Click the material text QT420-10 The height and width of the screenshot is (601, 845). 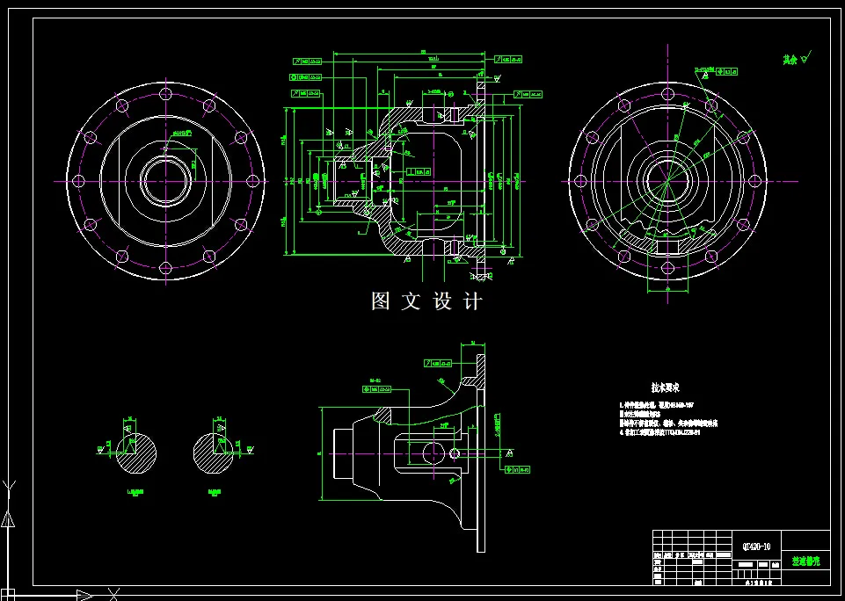pos(756,546)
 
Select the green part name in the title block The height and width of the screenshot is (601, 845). pos(805,560)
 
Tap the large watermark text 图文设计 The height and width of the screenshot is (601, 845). pos(426,301)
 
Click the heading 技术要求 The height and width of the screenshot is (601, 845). pos(665,387)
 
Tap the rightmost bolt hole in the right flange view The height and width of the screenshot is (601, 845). pos(754,181)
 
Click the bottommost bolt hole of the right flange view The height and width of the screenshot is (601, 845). pos(667,269)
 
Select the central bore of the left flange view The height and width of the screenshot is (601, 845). pos(165,181)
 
